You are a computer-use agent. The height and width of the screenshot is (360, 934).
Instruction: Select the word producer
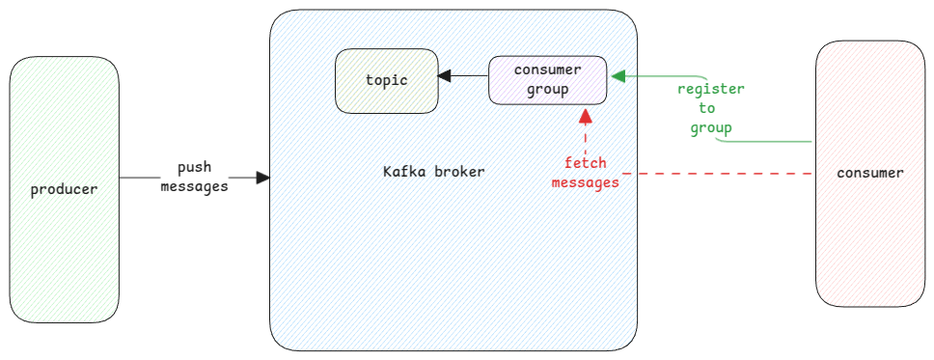pos(64,189)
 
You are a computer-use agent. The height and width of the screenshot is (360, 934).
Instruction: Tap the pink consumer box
pos(869,241)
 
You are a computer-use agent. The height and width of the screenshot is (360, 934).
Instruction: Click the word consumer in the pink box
pos(869,174)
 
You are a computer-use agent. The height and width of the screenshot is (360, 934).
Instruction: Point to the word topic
pos(386,79)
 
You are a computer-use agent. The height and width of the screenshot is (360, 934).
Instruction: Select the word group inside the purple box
pos(547,89)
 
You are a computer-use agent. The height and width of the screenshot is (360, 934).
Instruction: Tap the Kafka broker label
pos(433,172)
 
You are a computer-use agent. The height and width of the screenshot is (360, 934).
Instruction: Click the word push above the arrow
pos(194,167)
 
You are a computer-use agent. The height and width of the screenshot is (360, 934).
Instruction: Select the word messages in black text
pos(194,186)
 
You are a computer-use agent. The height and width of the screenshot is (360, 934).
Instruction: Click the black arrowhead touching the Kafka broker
pos(263,178)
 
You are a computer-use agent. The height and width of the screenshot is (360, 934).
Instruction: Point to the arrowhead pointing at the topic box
pos(444,75)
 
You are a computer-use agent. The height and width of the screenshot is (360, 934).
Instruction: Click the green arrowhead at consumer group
pos(618,75)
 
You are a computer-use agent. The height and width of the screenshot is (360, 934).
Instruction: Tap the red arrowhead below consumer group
pos(585,117)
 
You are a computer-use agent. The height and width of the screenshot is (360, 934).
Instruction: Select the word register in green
pos(710,89)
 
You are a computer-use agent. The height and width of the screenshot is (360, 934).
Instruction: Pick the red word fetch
pos(586,162)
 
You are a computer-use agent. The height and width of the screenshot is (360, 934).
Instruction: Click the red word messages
pos(585,181)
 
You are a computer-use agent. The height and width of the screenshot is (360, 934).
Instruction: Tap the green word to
pos(707,108)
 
